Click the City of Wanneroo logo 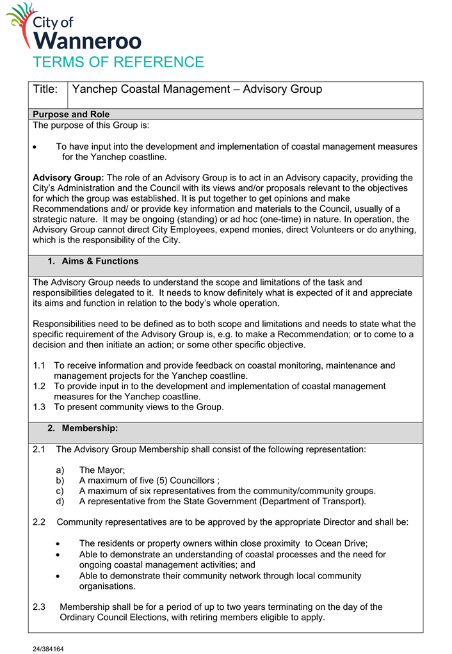tap(74, 28)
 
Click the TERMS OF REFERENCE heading tap(118, 62)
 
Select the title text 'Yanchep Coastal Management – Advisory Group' tap(197, 90)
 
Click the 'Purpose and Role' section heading tap(71, 115)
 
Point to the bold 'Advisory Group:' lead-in tap(69, 177)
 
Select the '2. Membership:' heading tap(83, 427)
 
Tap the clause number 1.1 tap(39, 365)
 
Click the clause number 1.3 tap(39, 407)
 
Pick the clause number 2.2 tap(39, 522)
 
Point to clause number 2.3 tap(39, 607)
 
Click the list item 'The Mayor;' tap(102, 470)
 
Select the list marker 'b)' tap(61, 480)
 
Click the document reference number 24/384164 tap(48, 648)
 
